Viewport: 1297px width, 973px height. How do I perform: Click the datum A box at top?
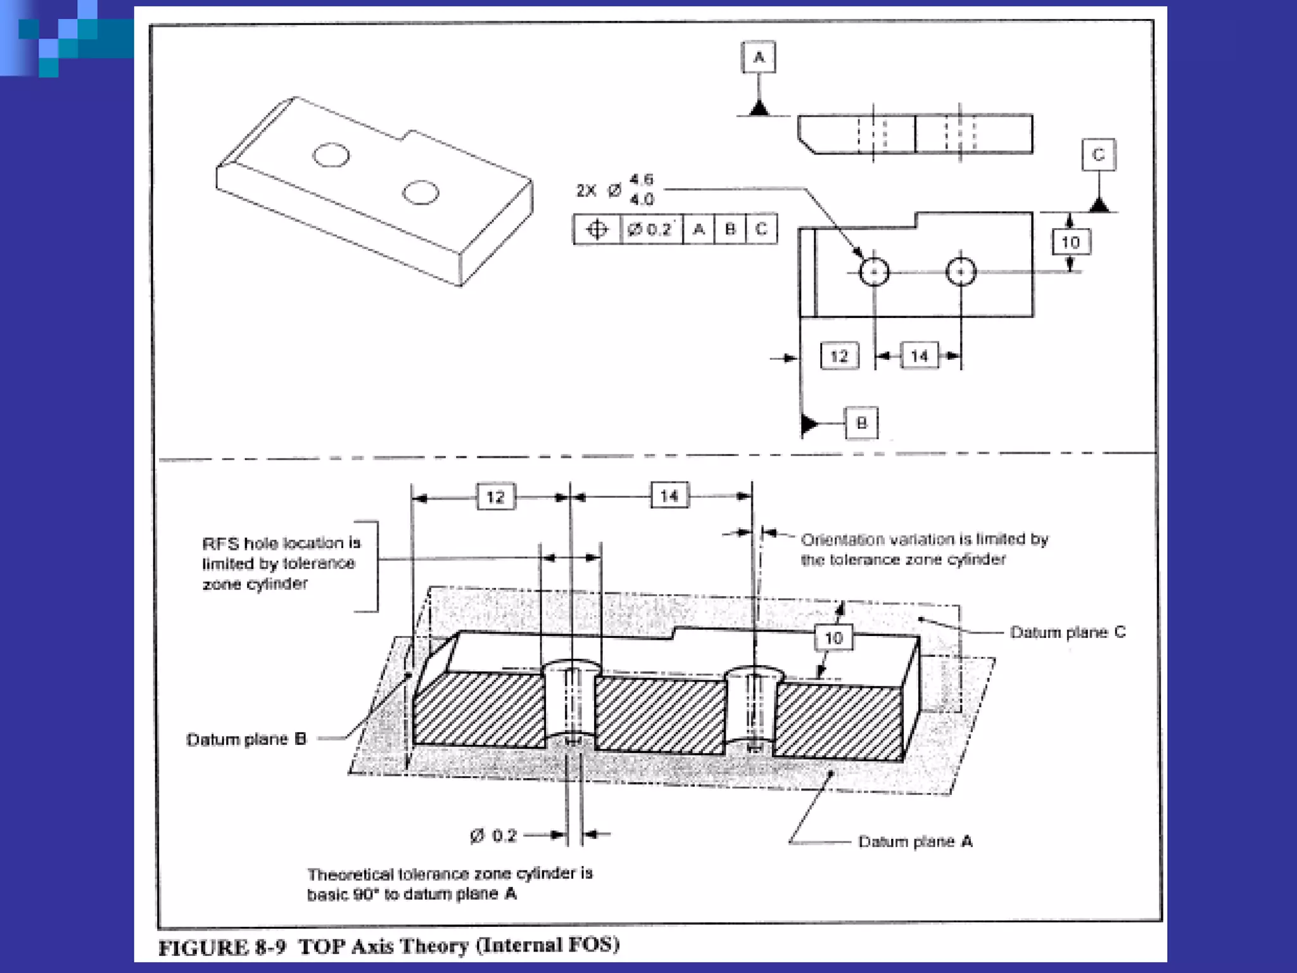coord(758,58)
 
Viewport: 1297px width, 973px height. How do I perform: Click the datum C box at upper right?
coord(1098,155)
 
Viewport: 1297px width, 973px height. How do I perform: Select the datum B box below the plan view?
coord(861,423)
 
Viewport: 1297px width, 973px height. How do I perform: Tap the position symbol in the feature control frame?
coord(597,229)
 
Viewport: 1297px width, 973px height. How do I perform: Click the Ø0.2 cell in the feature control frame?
coord(650,229)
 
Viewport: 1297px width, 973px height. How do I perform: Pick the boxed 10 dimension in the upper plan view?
coord(1070,242)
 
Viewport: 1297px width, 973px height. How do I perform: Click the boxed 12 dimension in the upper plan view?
coord(839,356)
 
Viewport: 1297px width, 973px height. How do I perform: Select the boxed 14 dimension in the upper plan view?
coord(920,356)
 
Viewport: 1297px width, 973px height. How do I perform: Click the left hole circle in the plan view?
coord(875,272)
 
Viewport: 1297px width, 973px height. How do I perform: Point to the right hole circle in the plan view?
coord(961,272)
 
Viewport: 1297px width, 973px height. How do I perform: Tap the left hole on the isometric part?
coord(331,155)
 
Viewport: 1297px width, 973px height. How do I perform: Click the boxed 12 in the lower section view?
coord(495,497)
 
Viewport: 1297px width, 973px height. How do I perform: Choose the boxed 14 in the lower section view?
coord(669,495)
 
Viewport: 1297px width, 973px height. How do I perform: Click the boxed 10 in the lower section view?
coord(833,638)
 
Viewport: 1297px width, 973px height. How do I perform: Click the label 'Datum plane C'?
coord(1068,632)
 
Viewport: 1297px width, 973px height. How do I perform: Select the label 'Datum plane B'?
coord(246,739)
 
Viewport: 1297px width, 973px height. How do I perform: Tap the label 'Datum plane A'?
coord(915,841)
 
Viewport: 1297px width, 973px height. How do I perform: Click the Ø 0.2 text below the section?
coord(494,836)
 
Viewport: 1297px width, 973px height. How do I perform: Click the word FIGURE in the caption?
coord(203,948)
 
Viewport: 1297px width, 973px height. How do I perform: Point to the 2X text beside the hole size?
coord(586,191)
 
